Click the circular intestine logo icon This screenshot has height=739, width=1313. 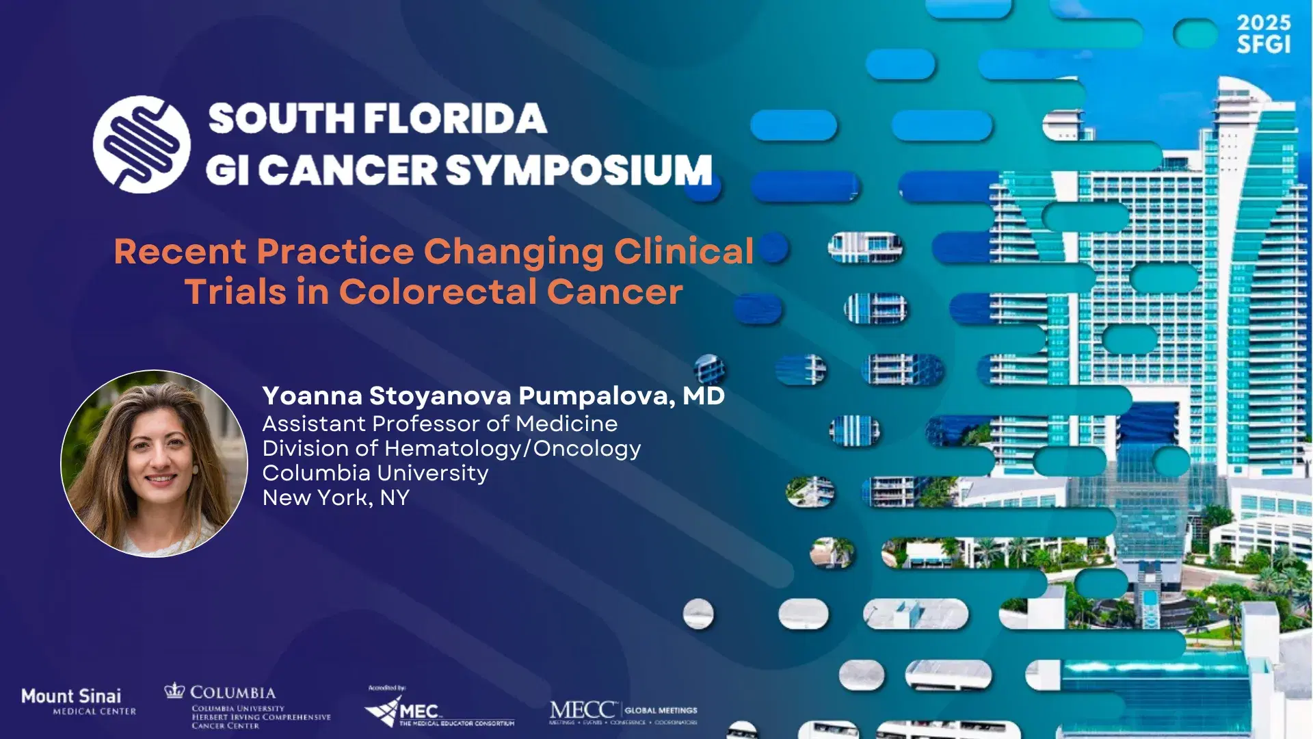point(142,144)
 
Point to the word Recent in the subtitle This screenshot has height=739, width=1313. point(180,251)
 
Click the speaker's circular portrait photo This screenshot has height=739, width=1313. point(155,463)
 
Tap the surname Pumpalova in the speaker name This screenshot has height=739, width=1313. point(597,396)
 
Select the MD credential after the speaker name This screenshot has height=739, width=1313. point(704,396)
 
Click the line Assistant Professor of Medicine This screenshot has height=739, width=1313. point(440,424)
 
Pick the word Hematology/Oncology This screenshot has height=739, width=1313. point(512,448)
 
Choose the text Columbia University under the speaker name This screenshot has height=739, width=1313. point(375,473)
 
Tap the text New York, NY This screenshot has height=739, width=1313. point(336,497)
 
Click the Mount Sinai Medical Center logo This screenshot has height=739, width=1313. point(78,701)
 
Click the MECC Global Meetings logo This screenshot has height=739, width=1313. point(623,712)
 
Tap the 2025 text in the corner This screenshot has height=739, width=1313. point(1263,23)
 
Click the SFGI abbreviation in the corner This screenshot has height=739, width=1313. point(1263,44)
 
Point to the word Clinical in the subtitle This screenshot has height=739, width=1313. point(683,251)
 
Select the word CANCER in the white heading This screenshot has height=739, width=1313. point(347,170)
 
